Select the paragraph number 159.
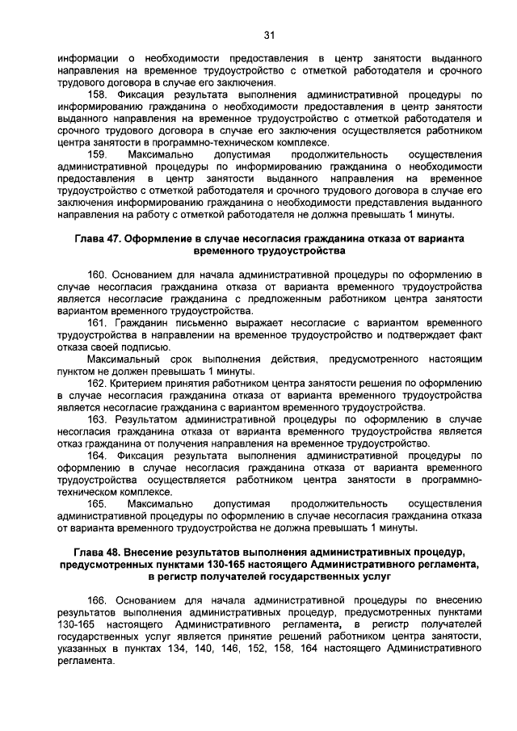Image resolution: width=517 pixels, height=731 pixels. [x=100, y=153]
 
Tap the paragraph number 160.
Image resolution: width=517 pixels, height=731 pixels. [x=100, y=275]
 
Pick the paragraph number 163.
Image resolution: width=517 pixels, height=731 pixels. [x=100, y=420]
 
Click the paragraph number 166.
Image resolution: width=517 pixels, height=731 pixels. [x=100, y=601]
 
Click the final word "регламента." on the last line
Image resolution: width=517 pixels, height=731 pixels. [x=86, y=661]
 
